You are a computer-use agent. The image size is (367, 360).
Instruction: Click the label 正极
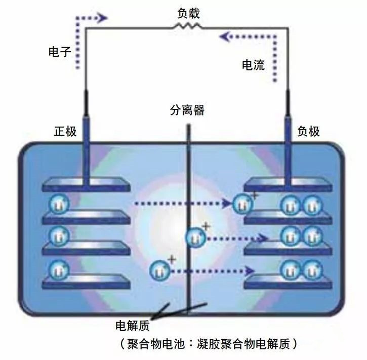(x=65, y=131)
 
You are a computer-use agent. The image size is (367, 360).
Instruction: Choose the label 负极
(x=308, y=131)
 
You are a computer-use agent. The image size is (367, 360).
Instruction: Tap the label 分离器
(x=187, y=110)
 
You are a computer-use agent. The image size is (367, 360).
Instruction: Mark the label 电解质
(x=133, y=324)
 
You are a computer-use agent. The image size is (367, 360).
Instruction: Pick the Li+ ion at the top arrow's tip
(x=242, y=204)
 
